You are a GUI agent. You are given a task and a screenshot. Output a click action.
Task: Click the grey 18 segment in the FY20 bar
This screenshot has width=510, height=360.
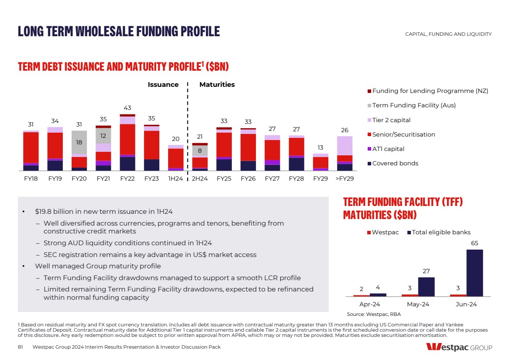(79, 142)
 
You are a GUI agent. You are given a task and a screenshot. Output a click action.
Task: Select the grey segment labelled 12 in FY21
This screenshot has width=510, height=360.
(103, 136)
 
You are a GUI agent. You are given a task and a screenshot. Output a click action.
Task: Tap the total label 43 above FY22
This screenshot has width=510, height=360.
(127, 108)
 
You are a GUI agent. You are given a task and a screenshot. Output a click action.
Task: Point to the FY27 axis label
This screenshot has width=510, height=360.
(272, 179)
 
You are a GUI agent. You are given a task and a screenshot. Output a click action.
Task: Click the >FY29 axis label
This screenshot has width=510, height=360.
(345, 179)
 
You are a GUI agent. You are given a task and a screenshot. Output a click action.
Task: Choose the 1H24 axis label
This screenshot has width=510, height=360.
(176, 179)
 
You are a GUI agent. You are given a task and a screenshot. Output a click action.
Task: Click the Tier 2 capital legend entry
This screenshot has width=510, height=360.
(391, 120)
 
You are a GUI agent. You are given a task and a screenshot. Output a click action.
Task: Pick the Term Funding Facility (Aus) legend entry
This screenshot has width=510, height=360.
(414, 105)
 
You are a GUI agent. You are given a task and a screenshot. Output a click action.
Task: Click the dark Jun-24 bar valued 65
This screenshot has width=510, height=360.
(474, 273)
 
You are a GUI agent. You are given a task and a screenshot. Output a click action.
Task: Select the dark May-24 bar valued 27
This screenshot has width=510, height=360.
(426, 287)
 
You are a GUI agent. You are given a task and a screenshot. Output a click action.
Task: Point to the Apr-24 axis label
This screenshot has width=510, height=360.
(370, 304)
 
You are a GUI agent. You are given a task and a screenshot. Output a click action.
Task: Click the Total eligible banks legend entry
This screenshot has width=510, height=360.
(441, 232)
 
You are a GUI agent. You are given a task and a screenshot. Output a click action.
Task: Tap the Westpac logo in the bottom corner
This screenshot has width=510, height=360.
(459, 347)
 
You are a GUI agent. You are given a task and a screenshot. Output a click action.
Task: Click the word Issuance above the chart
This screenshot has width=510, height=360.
(163, 85)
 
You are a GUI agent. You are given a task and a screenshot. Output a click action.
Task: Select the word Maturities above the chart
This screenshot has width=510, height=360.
(217, 85)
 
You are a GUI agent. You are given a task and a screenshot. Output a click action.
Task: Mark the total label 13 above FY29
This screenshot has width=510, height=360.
(320, 147)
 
